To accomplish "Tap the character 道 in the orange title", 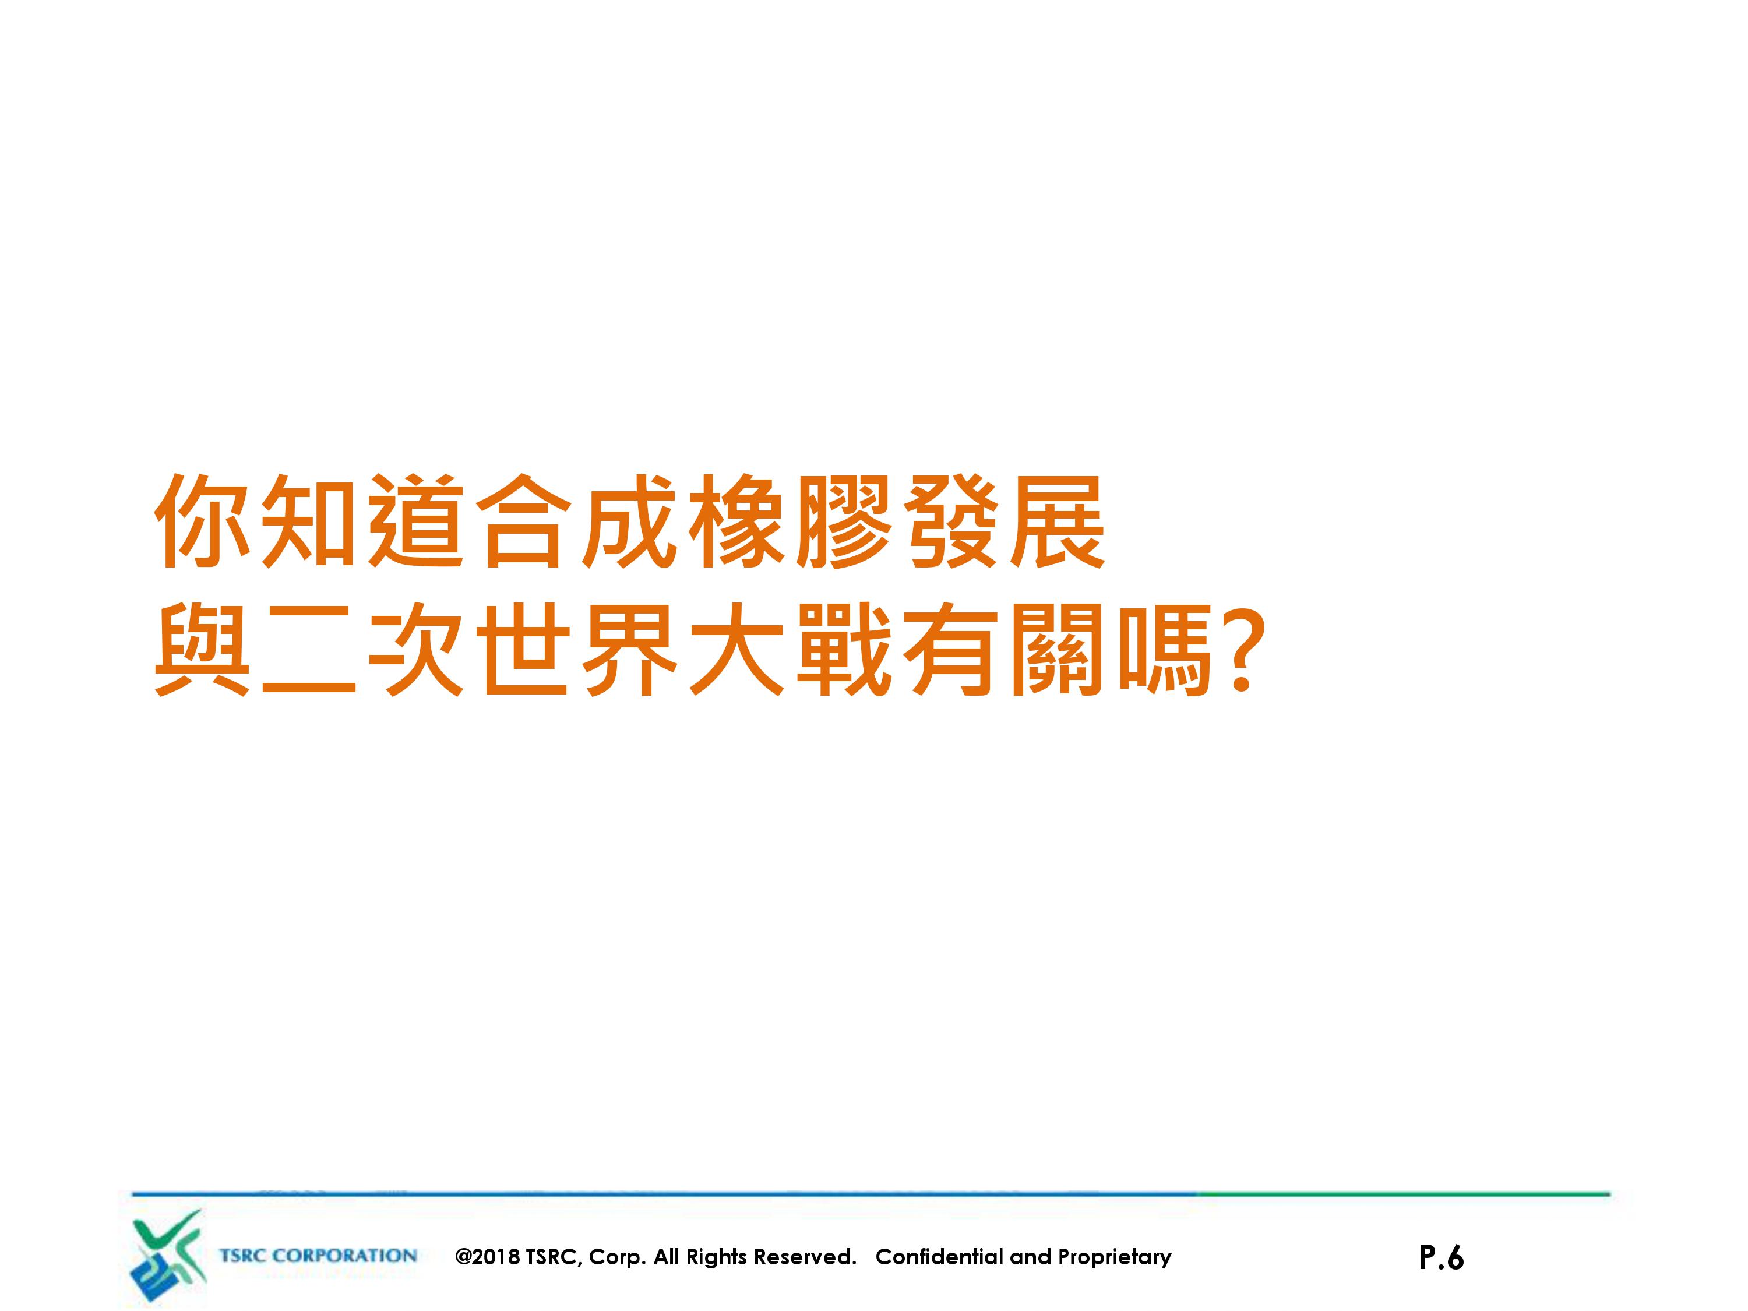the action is [417, 521].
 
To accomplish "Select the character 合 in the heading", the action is [523, 521].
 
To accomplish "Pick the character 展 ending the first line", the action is [1058, 521].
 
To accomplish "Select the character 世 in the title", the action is [523, 650].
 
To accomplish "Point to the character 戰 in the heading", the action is [843, 650].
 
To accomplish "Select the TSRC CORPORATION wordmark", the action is [318, 1256].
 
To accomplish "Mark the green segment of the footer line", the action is [1404, 1194].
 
